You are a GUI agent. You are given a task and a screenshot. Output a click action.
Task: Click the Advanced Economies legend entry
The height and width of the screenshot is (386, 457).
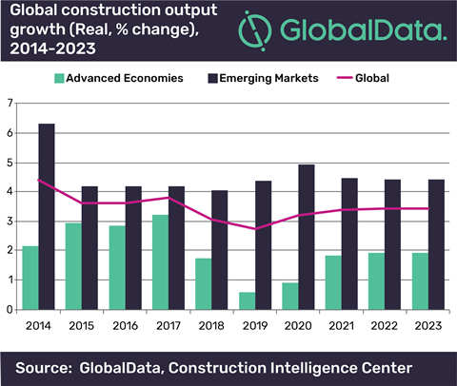(118, 78)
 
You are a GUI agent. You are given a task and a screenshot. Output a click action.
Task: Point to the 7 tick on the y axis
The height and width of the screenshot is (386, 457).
(11, 103)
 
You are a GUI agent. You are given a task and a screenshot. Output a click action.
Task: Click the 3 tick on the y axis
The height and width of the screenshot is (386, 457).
(11, 221)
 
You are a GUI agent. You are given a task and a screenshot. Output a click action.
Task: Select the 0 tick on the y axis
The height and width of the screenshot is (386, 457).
(11, 309)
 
